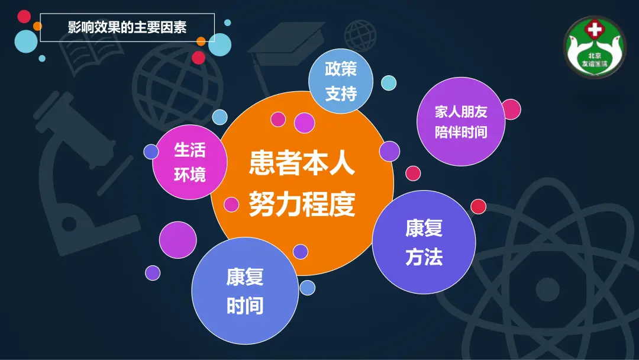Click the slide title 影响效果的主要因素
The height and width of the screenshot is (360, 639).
tap(127, 27)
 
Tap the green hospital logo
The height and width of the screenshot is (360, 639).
tap(594, 47)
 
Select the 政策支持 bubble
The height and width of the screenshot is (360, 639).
tap(341, 81)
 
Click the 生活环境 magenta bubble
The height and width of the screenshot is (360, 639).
tap(189, 162)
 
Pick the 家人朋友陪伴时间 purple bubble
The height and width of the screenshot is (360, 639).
tap(461, 121)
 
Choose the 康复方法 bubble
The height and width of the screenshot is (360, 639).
tap(424, 242)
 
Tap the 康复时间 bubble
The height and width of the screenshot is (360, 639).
tap(245, 291)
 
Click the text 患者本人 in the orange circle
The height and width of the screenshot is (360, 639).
tap(302, 163)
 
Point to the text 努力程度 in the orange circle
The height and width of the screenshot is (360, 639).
tap(302, 204)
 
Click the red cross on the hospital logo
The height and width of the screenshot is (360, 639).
tap(595, 30)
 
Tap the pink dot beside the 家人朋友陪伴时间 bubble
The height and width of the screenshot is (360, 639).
tap(511, 110)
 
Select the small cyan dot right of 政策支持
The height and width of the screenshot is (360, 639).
tap(389, 83)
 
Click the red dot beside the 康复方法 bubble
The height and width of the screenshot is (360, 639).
tap(479, 206)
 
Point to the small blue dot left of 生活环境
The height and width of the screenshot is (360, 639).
tap(151, 152)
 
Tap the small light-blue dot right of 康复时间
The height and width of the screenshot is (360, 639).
tap(307, 287)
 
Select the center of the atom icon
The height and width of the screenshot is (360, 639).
tap(547, 289)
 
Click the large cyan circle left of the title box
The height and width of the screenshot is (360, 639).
tap(26, 41)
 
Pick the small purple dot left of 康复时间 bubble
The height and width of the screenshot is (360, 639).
tap(153, 273)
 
